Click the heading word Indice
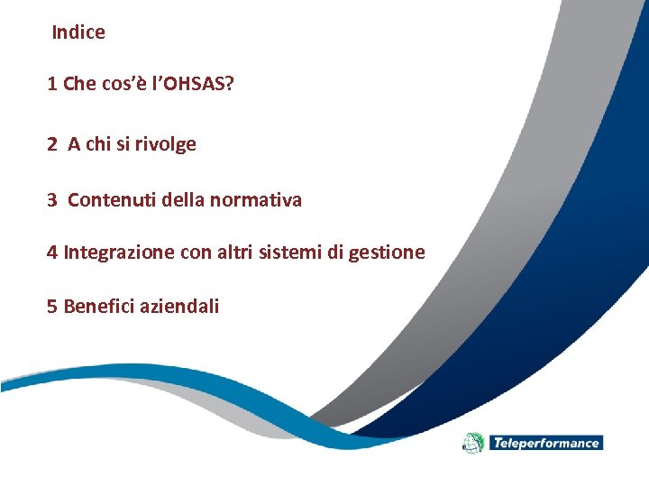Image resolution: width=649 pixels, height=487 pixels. tap(78, 32)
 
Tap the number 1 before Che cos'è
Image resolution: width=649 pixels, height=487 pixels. tap(52, 85)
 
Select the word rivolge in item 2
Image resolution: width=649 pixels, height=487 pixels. tap(166, 144)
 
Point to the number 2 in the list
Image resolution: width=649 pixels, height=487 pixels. tap(52, 144)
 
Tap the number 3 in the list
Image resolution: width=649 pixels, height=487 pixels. tap(52, 200)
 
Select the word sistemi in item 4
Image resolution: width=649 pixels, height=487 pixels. tap(288, 253)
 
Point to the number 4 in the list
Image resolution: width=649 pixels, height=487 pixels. tap(52, 253)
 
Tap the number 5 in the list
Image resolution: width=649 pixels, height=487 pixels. tap(52, 307)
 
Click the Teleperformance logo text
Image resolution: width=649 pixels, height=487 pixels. tap(545, 443)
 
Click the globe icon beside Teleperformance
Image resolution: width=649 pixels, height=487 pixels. tap(473, 443)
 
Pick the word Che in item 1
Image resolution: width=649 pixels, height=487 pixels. tap(79, 85)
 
